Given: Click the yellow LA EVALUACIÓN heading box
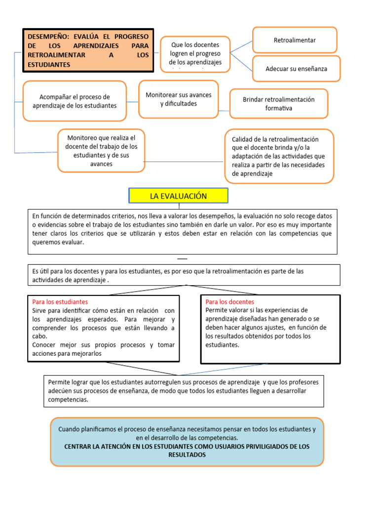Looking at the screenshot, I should (x=178, y=196).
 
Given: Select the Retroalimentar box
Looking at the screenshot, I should (x=295, y=40).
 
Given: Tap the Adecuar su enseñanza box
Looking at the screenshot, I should (x=296, y=69).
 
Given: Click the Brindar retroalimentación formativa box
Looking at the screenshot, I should (x=278, y=103).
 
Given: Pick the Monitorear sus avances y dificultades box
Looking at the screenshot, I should (x=178, y=99).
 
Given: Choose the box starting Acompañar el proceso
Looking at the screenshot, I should (x=75, y=101).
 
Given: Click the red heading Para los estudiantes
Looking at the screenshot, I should (x=60, y=301).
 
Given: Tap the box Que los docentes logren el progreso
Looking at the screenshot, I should (x=194, y=53).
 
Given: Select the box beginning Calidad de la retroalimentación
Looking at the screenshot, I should (x=279, y=156).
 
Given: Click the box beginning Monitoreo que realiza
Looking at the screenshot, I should (x=101, y=150).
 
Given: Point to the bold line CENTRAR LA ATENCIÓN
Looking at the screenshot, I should (x=187, y=446).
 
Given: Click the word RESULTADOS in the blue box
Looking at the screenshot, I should (x=187, y=455).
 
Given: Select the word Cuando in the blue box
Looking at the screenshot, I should (x=69, y=429).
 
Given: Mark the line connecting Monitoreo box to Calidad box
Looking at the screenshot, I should (x=184, y=162).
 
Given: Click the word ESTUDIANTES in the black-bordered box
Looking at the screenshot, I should (x=49, y=65).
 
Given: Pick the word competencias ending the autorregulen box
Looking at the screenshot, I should (x=68, y=399).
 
